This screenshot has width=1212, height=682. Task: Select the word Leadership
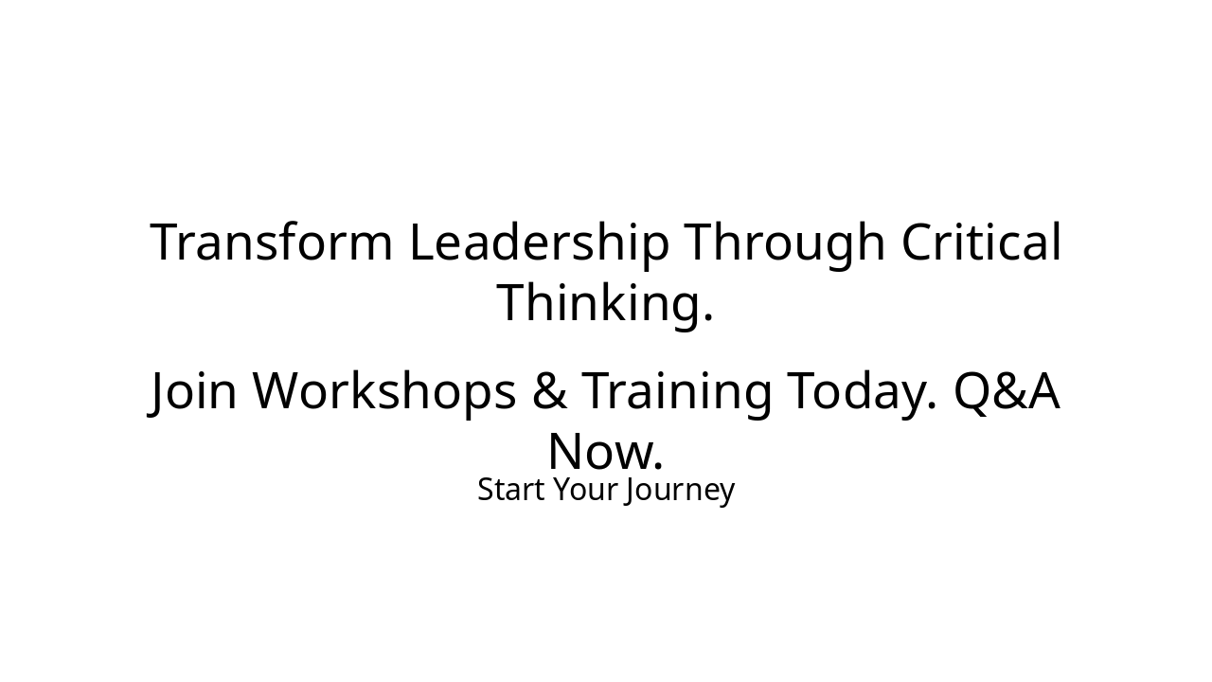pos(539,242)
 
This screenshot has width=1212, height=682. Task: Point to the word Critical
pos(981,242)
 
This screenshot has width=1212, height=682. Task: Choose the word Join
pos(193,392)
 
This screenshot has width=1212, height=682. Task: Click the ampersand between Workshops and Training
pos(548,392)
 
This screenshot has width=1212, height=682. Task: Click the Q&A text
pos(1006,392)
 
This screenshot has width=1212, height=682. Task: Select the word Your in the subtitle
pos(580,490)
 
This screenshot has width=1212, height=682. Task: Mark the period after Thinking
pos(707,318)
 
